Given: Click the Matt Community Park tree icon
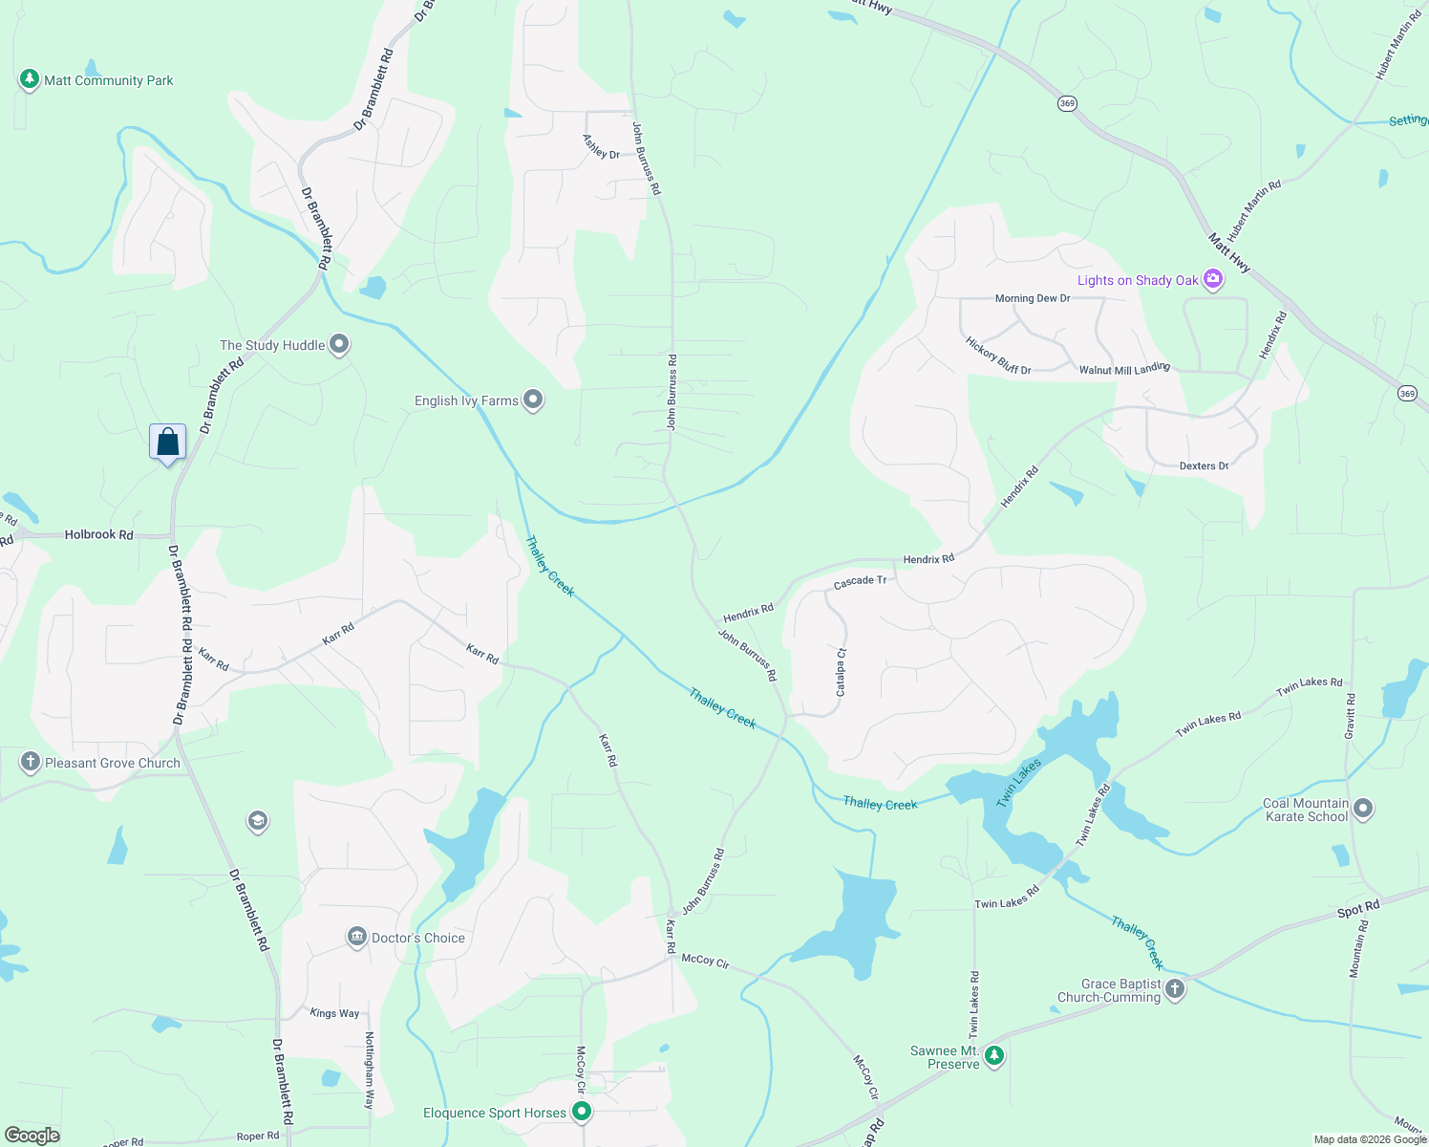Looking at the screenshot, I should click(x=30, y=79).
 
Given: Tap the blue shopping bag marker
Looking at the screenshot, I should click(x=168, y=443).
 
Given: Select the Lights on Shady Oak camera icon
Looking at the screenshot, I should click(x=1213, y=279).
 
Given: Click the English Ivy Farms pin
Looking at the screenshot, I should click(x=533, y=400).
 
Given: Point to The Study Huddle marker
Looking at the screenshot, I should click(x=339, y=344).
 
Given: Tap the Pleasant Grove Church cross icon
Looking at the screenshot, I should click(x=31, y=762).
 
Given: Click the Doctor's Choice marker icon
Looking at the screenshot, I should click(x=357, y=937).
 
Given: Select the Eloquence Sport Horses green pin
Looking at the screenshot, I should click(x=582, y=1112).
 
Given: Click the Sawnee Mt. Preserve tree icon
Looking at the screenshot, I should click(x=994, y=1055).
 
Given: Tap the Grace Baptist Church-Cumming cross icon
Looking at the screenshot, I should click(x=1176, y=988).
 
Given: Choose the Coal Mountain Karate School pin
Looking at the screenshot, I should click(x=1363, y=809).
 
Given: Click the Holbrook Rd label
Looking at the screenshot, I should click(x=99, y=534).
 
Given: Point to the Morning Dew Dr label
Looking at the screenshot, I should click(x=1033, y=298).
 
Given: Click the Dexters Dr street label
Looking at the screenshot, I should click(x=1204, y=465).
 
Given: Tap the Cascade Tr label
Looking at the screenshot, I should click(x=860, y=581).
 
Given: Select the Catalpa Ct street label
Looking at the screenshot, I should click(x=842, y=673).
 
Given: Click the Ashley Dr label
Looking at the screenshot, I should click(x=601, y=146).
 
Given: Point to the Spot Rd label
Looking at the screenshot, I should click(x=1358, y=909).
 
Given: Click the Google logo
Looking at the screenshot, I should click(x=32, y=1136).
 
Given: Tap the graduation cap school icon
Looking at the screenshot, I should click(x=257, y=820).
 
